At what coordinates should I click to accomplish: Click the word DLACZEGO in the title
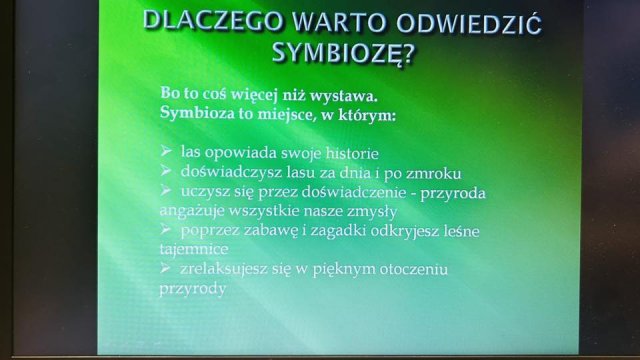212,21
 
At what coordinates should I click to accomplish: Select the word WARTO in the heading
338,21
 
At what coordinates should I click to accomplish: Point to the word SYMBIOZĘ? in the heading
343,53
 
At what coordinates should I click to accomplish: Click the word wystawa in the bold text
343,96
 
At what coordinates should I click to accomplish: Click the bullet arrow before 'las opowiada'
166,151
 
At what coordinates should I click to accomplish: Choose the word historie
352,153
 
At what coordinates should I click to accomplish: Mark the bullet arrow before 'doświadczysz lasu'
166,170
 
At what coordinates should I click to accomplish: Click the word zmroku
433,173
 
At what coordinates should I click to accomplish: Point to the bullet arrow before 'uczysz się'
166,190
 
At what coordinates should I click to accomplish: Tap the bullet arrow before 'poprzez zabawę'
166,229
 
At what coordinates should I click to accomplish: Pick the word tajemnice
194,249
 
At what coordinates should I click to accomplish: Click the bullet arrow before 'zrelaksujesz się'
166,268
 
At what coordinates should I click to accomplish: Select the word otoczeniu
413,269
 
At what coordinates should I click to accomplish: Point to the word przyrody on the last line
193,289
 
